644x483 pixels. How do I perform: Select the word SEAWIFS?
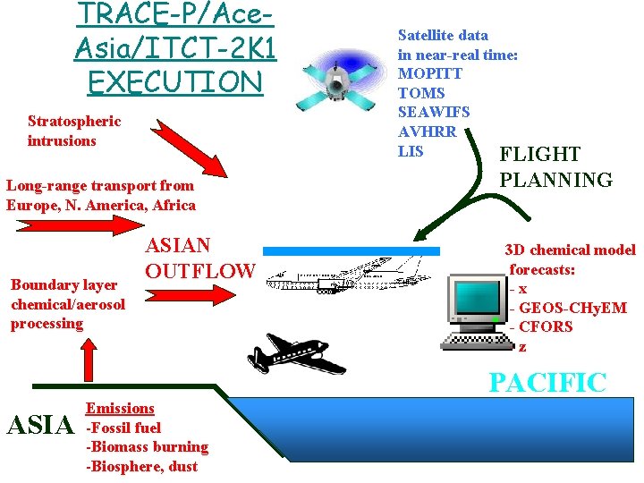434,112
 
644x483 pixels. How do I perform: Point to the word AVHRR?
428,131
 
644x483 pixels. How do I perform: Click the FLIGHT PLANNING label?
555,167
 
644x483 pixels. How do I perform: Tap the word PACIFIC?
547,383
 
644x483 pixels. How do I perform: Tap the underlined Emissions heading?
120,408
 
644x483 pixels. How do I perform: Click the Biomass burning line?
147,446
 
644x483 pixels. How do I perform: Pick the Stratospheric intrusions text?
74,131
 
